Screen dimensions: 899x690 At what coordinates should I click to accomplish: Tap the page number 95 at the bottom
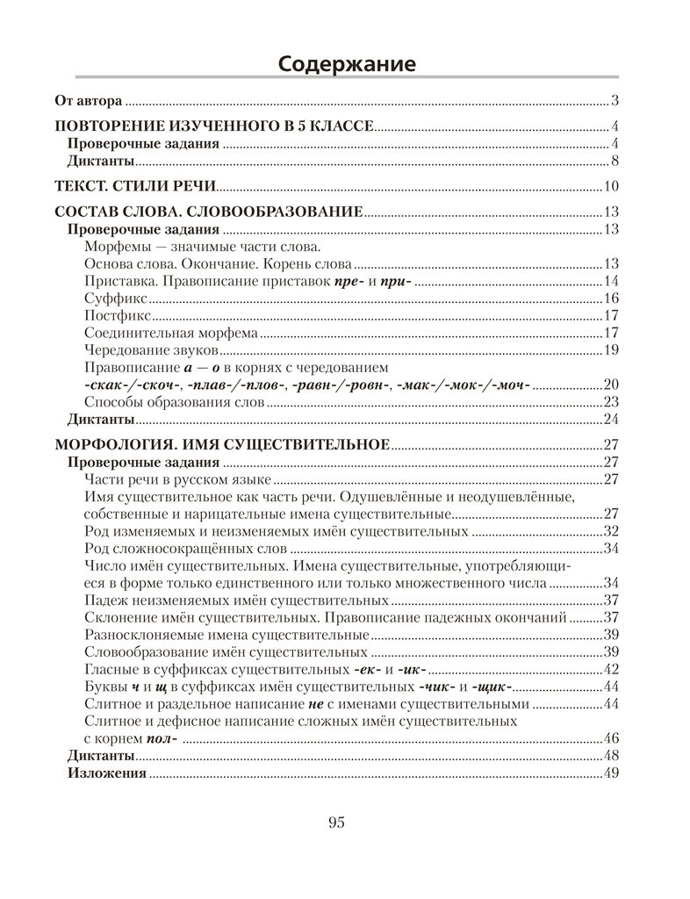[336, 823]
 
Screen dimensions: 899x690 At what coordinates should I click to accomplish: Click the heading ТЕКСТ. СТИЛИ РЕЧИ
[135, 185]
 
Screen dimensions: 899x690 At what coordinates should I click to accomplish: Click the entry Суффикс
[111, 298]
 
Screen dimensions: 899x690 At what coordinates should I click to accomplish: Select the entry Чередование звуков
[145, 350]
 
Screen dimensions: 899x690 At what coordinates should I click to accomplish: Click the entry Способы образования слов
[174, 402]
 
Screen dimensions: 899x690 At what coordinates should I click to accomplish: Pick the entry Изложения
[106, 773]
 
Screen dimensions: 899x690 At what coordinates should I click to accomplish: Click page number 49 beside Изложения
[612, 773]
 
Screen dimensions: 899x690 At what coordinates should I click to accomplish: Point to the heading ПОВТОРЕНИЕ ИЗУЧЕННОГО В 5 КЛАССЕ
[214, 126]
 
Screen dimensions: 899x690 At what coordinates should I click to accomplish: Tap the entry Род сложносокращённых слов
[174, 549]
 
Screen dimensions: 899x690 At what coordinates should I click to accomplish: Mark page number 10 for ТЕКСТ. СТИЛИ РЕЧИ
[612, 185]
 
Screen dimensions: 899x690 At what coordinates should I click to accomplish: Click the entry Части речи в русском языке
[177, 479]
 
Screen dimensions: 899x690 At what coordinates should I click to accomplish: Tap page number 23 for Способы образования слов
[612, 402]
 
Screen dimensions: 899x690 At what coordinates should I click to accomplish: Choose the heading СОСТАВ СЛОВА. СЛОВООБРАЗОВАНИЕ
[209, 212]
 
